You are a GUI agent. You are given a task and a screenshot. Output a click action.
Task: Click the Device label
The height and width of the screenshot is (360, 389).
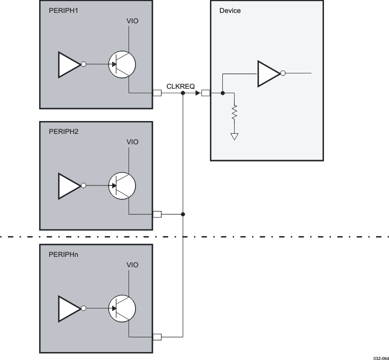pyautogui.click(x=230, y=10)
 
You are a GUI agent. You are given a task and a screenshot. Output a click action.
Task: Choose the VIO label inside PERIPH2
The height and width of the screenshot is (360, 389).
pyautogui.click(x=132, y=142)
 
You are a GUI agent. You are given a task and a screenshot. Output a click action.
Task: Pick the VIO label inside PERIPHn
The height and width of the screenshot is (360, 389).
pyautogui.click(x=132, y=265)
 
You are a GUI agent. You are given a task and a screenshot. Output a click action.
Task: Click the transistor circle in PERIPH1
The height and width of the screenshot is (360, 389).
pyautogui.click(x=122, y=64)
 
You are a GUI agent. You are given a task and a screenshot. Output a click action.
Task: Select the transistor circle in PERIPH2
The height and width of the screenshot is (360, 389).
pyautogui.click(x=122, y=186)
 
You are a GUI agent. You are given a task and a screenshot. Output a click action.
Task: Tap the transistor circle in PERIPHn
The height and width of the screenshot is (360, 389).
pyautogui.click(x=122, y=308)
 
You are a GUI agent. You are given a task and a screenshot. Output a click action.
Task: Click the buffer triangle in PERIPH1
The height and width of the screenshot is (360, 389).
pyautogui.click(x=68, y=64)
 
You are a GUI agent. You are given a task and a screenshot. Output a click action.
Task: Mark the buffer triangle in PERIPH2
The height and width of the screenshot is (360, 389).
pyautogui.click(x=68, y=186)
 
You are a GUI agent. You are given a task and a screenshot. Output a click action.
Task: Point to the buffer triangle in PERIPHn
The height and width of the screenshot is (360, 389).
pyautogui.click(x=68, y=308)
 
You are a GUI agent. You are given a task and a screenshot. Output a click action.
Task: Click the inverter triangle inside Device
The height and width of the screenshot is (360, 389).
pyautogui.click(x=268, y=73)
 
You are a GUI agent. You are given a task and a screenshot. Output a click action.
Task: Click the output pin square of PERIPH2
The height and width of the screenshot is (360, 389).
pyautogui.click(x=157, y=214)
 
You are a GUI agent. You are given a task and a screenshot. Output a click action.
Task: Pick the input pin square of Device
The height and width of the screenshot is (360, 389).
pyautogui.click(x=205, y=93)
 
